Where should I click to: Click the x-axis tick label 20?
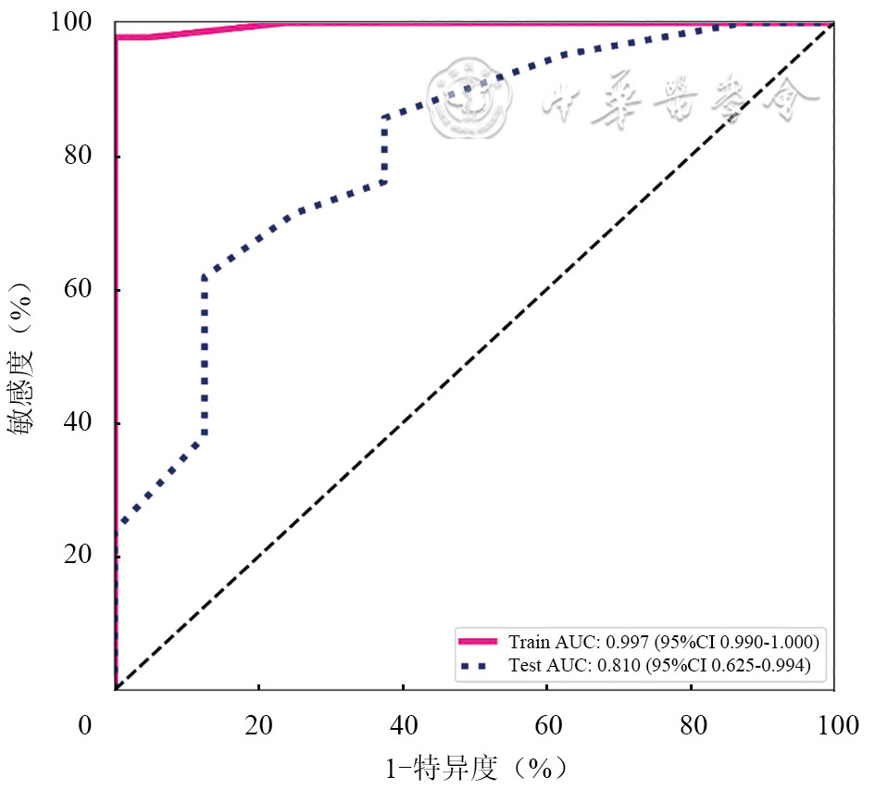(x=259, y=726)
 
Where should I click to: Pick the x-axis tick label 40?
(x=403, y=726)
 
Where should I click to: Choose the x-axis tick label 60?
(x=547, y=726)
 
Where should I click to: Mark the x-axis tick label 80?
(x=691, y=726)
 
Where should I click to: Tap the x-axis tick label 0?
(x=85, y=726)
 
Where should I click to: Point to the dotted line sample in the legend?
(x=479, y=665)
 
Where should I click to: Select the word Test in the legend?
(x=522, y=665)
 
